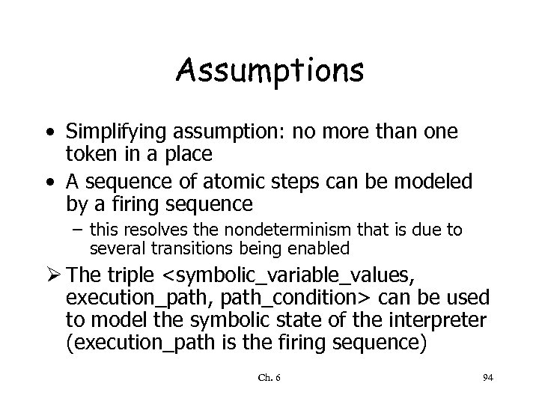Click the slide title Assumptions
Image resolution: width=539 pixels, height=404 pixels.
click(x=270, y=71)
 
